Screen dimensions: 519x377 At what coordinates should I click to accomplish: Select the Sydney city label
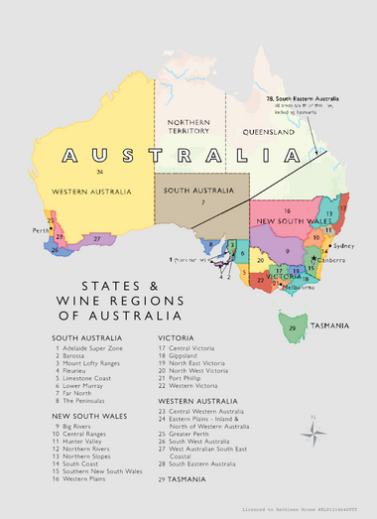[344, 245]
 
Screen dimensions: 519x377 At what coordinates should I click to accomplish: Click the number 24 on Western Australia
[100, 172]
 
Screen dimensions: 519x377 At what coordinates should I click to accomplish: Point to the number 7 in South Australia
[202, 201]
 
